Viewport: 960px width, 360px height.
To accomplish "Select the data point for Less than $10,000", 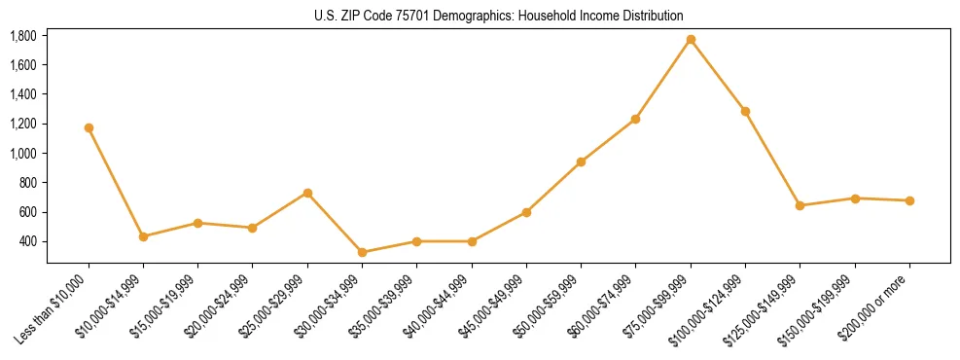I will pyautogui.click(x=89, y=127).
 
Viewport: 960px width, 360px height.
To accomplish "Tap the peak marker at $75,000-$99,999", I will pyautogui.click(x=691, y=39).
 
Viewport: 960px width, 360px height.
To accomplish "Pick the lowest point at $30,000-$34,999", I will pyautogui.click(x=362, y=252).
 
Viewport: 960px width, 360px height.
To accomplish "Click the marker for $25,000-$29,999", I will pyautogui.click(x=307, y=193).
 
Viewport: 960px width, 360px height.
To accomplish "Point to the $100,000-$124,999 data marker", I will pyautogui.click(x=745, y=111).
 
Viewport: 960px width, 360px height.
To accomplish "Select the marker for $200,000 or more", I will pyautogui.click(x=909, y=200).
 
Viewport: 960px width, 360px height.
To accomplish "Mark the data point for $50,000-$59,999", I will pyautogui.click(x=581, y=162).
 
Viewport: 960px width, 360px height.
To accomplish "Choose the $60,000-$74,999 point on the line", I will pyautogui.click(x=635, y=119).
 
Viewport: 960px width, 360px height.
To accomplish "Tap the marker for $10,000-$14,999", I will pyautogui.click(x=143, y=236).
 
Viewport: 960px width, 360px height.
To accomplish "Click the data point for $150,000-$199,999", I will pyautogui.click(x=855, y=198).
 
